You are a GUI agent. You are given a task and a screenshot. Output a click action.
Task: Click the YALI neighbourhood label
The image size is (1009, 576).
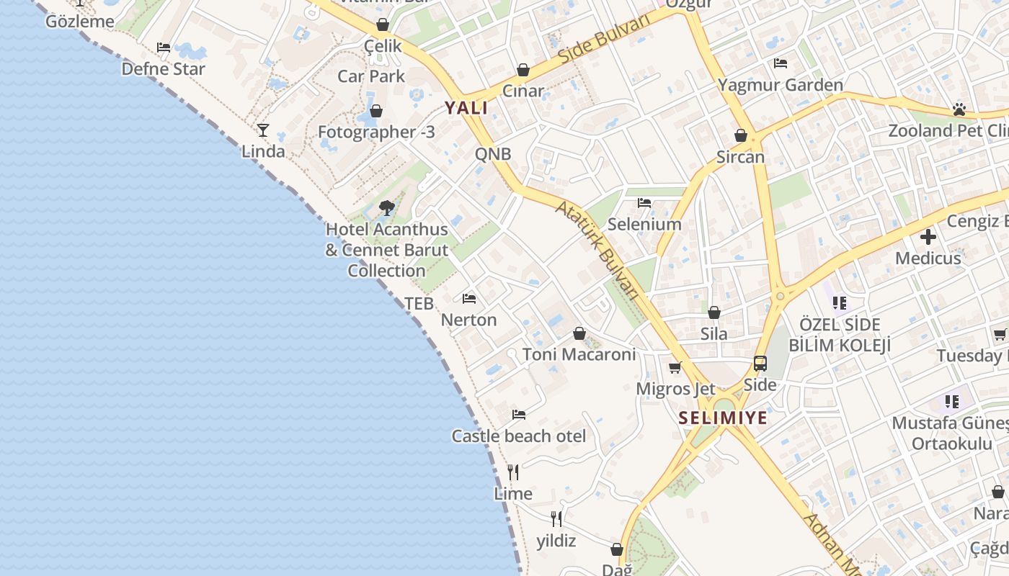[466, 108]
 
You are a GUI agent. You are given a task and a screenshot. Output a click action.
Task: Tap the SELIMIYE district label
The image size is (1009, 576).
[723, 418]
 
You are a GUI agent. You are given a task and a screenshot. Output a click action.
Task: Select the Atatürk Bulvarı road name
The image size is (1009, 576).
[597, 249]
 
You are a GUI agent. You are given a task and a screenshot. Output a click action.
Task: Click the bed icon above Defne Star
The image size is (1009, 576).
[164, 48]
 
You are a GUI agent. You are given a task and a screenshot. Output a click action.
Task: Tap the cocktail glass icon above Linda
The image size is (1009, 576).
[263, 130]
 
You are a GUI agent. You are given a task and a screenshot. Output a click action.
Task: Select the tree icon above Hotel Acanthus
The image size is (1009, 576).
[386, 208]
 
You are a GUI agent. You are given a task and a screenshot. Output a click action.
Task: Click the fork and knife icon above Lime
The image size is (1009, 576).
[513, 472]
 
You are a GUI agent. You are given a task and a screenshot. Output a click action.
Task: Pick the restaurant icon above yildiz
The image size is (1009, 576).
[556, 519]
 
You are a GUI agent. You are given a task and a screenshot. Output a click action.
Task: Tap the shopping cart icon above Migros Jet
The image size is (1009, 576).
[675, 368]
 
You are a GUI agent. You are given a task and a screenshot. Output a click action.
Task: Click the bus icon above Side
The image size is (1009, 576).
[760, 364]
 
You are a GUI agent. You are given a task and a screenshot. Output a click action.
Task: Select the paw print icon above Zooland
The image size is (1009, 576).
[959, 109]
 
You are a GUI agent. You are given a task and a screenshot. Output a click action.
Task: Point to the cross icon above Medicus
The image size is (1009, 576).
[928, 236]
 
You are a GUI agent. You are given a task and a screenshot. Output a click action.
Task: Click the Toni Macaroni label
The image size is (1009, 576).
[579, 354]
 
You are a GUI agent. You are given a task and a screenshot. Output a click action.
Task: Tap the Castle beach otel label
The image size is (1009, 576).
[518, 436]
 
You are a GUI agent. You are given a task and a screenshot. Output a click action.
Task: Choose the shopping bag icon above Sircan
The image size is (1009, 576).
[740, 135]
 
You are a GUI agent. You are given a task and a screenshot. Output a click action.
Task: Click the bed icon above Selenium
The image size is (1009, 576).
[644, 203]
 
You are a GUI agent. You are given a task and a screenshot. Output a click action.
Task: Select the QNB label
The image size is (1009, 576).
[493, 153]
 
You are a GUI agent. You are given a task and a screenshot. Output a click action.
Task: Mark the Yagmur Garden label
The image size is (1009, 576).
[780, 85]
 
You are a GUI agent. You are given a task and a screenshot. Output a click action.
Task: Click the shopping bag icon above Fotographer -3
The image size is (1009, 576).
[376, 111]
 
